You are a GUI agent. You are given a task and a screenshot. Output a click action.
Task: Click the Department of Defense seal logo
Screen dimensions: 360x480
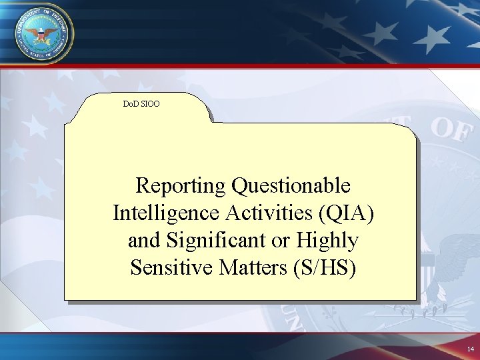(x=40, y=33)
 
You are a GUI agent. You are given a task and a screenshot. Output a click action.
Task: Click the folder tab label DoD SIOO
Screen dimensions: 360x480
(x=141, y=104)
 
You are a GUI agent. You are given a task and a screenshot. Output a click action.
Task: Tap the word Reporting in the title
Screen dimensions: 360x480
(x=181, y=186)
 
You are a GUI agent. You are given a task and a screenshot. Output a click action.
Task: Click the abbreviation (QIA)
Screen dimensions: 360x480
(x=346, y=213)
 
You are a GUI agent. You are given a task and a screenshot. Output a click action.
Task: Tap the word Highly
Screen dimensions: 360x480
(x=327, y=241)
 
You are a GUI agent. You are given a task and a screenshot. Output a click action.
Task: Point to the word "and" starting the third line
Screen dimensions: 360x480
(x=145, y=241)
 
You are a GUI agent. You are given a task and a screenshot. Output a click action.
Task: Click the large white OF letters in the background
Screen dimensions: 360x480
(x=452, y=128)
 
